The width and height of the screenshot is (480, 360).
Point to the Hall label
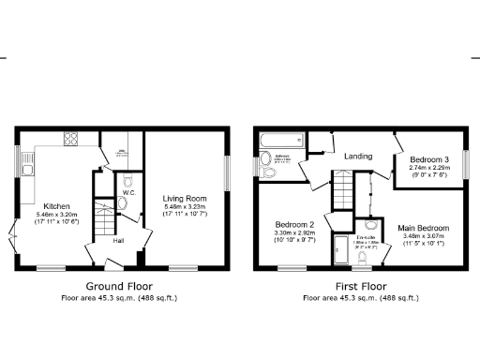tap(119, 241)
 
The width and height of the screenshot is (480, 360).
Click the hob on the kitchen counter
tap(70, 140)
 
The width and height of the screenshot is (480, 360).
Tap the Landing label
tap(357, 156)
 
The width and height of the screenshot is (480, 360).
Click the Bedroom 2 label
tap(294, 225)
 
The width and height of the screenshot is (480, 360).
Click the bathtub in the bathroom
tap(284, 142)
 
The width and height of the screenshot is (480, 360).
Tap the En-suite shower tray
tap(342, 247)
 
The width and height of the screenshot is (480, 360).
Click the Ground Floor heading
tap(119, 285)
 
